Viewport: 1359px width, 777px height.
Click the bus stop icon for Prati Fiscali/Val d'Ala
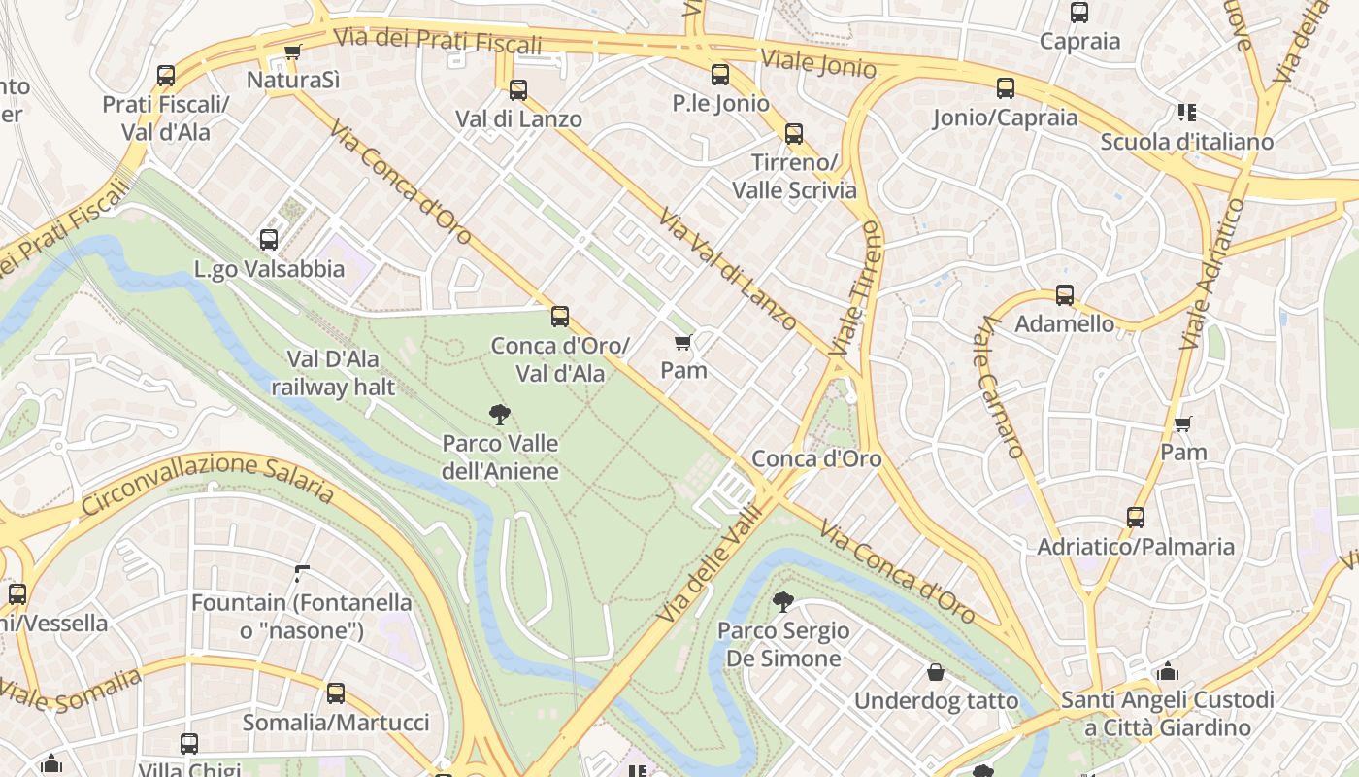166,76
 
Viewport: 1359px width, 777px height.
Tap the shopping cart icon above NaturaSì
292,51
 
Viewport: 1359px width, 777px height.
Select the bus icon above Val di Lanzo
518,90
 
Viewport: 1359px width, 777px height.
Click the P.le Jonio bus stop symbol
720,75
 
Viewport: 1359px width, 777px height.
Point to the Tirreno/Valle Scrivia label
794,176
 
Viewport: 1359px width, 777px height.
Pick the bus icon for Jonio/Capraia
1006,88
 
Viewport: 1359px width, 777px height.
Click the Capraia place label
1079,41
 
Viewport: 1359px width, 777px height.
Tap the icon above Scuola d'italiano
1186,113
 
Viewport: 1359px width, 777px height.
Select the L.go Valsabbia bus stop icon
269,239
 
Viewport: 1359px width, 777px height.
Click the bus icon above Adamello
1065,295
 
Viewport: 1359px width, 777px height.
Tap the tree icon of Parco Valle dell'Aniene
500,415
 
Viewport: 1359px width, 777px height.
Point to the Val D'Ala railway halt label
333,373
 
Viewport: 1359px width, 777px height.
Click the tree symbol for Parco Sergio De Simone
782,602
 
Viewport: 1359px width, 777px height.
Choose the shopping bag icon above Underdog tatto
936,672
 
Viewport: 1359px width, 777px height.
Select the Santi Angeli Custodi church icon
1167,671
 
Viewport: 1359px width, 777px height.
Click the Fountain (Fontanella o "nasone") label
302,617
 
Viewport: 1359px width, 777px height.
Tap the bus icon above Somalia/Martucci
336,693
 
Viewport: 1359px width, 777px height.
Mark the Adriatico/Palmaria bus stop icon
1136,518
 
